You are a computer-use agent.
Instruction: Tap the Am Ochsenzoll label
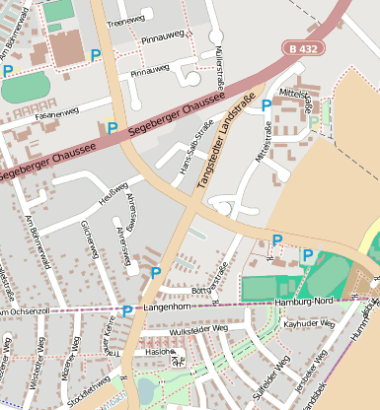[x=24, y=311]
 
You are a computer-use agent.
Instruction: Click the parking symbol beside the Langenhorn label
[x=127, y=310]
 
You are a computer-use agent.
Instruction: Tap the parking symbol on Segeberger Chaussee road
[x=112, y=127]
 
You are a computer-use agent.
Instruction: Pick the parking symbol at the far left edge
[x=8, y=70]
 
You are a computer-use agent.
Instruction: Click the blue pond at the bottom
[x=147, y=389]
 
